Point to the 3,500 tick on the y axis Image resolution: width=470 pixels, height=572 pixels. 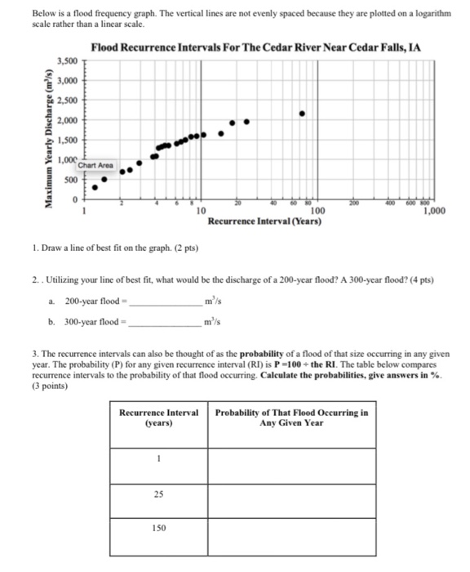(69, 61)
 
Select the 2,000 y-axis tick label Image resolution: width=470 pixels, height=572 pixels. (69, 120)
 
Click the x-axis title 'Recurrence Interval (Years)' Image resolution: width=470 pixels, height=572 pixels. (264, 221)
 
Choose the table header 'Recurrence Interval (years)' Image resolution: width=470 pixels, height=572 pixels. (158, 418)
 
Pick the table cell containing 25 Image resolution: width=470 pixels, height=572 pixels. (158, 494)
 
